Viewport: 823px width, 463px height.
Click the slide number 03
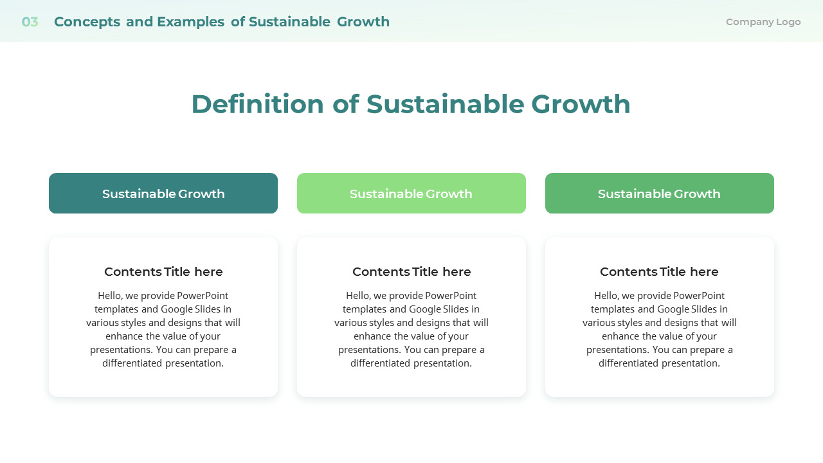tap(30, 22)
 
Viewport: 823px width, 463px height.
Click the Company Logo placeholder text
tap(763, 22)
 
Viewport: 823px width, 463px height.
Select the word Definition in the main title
tap(257, 104)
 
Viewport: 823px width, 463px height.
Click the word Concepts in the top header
tap(87, 22)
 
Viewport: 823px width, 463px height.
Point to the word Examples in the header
tap(190, 22)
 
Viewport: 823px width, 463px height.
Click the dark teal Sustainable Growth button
tap(163, 194)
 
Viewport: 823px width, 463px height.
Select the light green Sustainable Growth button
tap(411, 194)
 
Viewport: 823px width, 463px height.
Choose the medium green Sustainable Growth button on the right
tap(660, 194)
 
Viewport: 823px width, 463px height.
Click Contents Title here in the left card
tap(163, 272)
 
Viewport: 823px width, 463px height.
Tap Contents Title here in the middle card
tap(411, 272)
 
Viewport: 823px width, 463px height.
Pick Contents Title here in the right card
tap(660, 272)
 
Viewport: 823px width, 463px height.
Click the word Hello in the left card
tap(110, 296)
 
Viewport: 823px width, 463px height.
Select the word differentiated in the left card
tap(132, 363)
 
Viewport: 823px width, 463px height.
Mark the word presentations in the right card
tap(618, 350)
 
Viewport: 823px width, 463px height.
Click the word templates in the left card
tap(116, 309)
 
